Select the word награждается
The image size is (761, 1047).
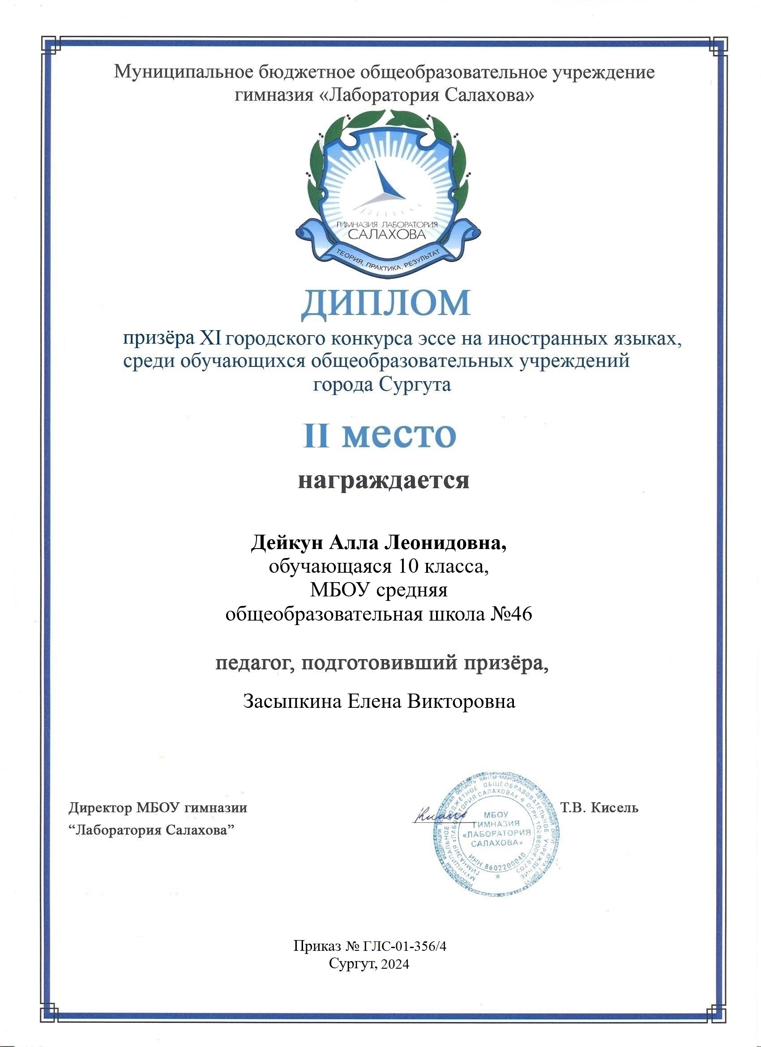383,480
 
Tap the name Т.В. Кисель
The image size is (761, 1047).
599,808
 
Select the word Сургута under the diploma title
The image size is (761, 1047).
415,384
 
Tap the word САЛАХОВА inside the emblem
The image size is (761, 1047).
386,234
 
